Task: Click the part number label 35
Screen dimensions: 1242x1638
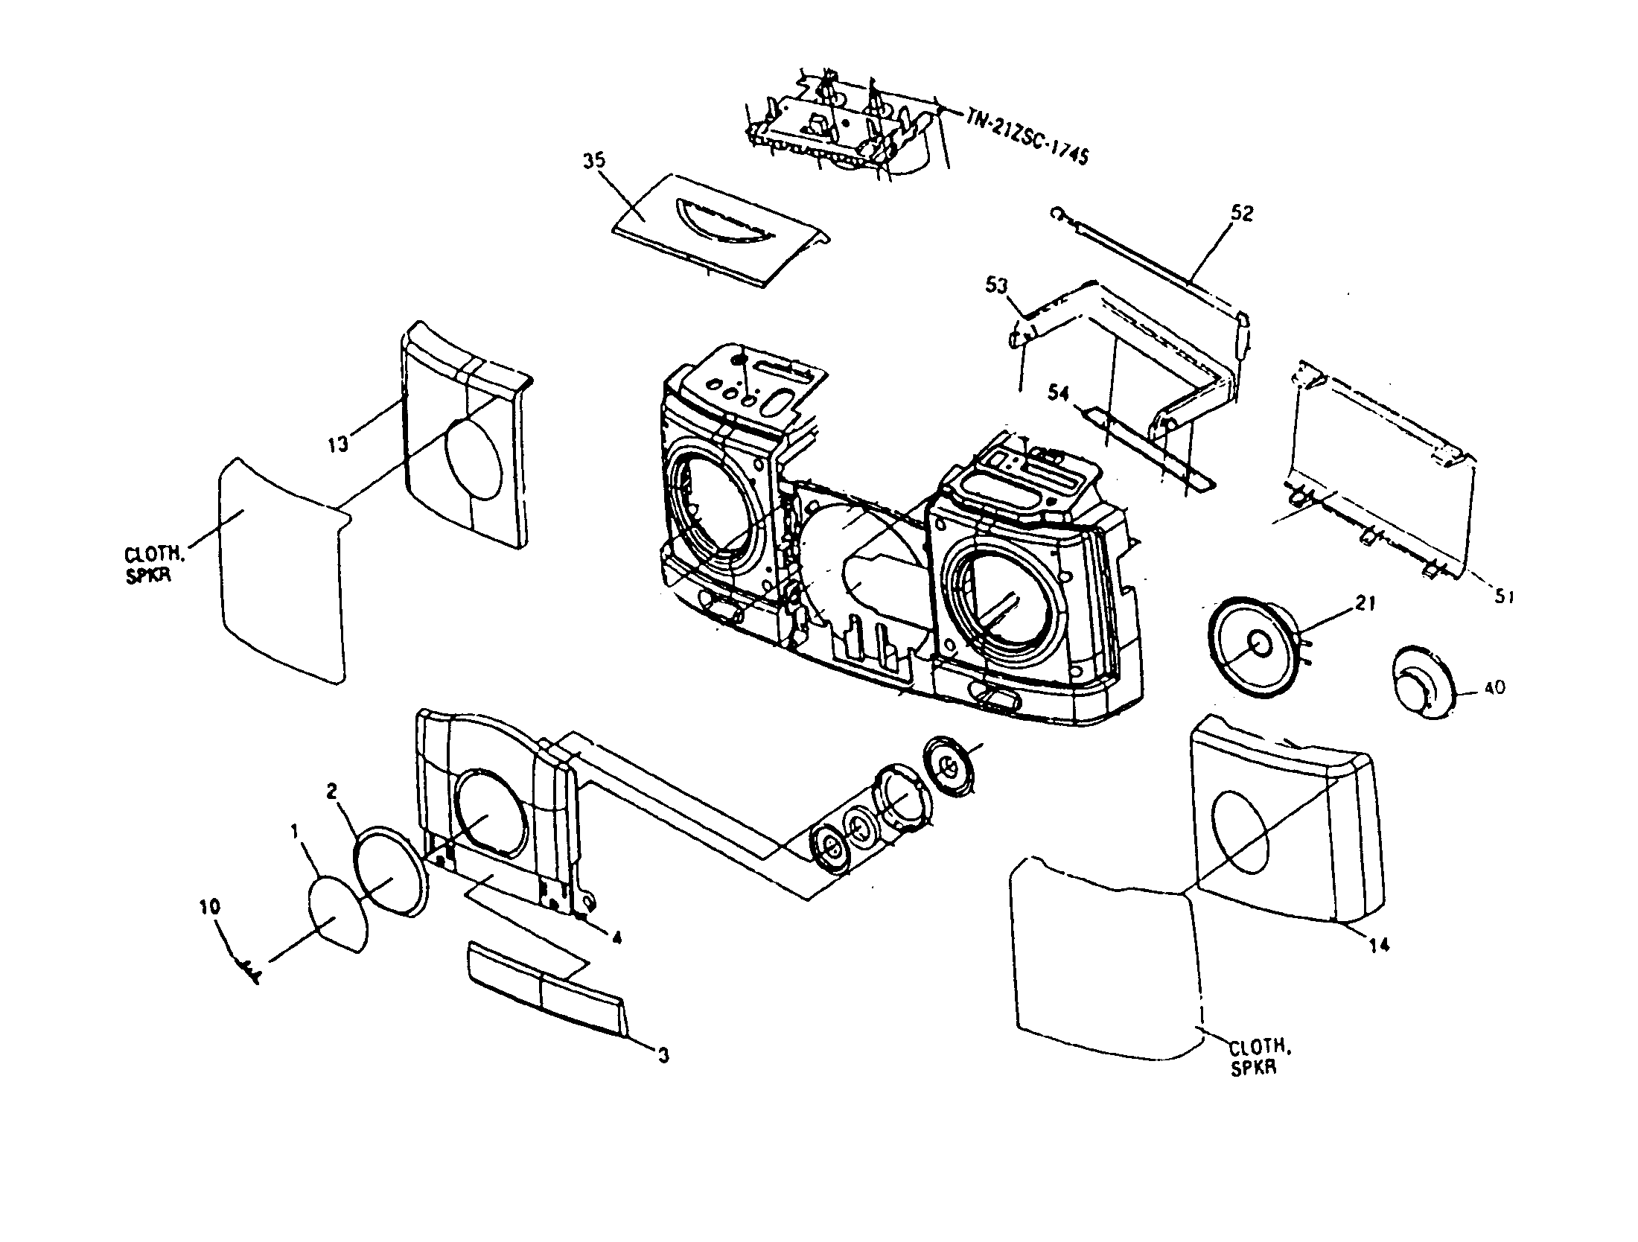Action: [594, 162]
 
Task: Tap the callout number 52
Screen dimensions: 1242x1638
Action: [1242, 214]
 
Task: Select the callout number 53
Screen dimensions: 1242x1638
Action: [998, 285]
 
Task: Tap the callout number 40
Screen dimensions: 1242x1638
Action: [1494, 688]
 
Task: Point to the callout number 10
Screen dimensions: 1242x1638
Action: [210, 907]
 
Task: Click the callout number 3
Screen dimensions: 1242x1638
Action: [663, 1055]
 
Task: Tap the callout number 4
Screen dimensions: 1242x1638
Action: [616, 938]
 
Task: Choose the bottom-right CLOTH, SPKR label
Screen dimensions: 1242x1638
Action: [1258, 1057]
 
